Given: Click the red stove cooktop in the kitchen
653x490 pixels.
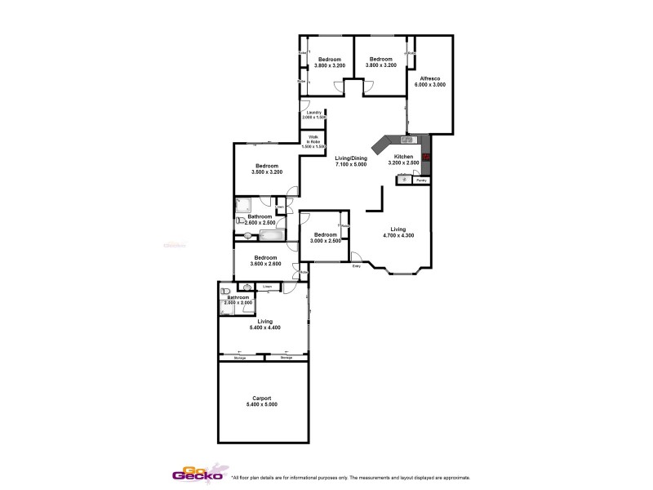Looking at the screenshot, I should coord(425,158).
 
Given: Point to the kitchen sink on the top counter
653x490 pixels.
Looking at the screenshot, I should coord(406,140).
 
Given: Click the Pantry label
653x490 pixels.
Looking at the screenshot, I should coord(420,180).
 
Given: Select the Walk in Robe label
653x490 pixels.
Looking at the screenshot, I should coord(313,141).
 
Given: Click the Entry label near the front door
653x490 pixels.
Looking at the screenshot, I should coord(356,266).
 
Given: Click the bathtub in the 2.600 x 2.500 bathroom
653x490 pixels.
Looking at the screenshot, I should coord(271,236).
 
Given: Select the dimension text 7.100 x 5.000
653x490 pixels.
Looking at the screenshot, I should coord(351,164).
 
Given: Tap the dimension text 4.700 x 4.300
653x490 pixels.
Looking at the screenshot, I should coord(398,236).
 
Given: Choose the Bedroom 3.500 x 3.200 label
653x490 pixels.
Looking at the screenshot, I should coord(265,169).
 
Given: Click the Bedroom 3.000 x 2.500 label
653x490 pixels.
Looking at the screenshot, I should coord(324,237).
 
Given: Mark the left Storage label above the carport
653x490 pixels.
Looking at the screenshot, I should coord(241,358).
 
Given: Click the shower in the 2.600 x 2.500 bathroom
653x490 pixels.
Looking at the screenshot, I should coord(245,205).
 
